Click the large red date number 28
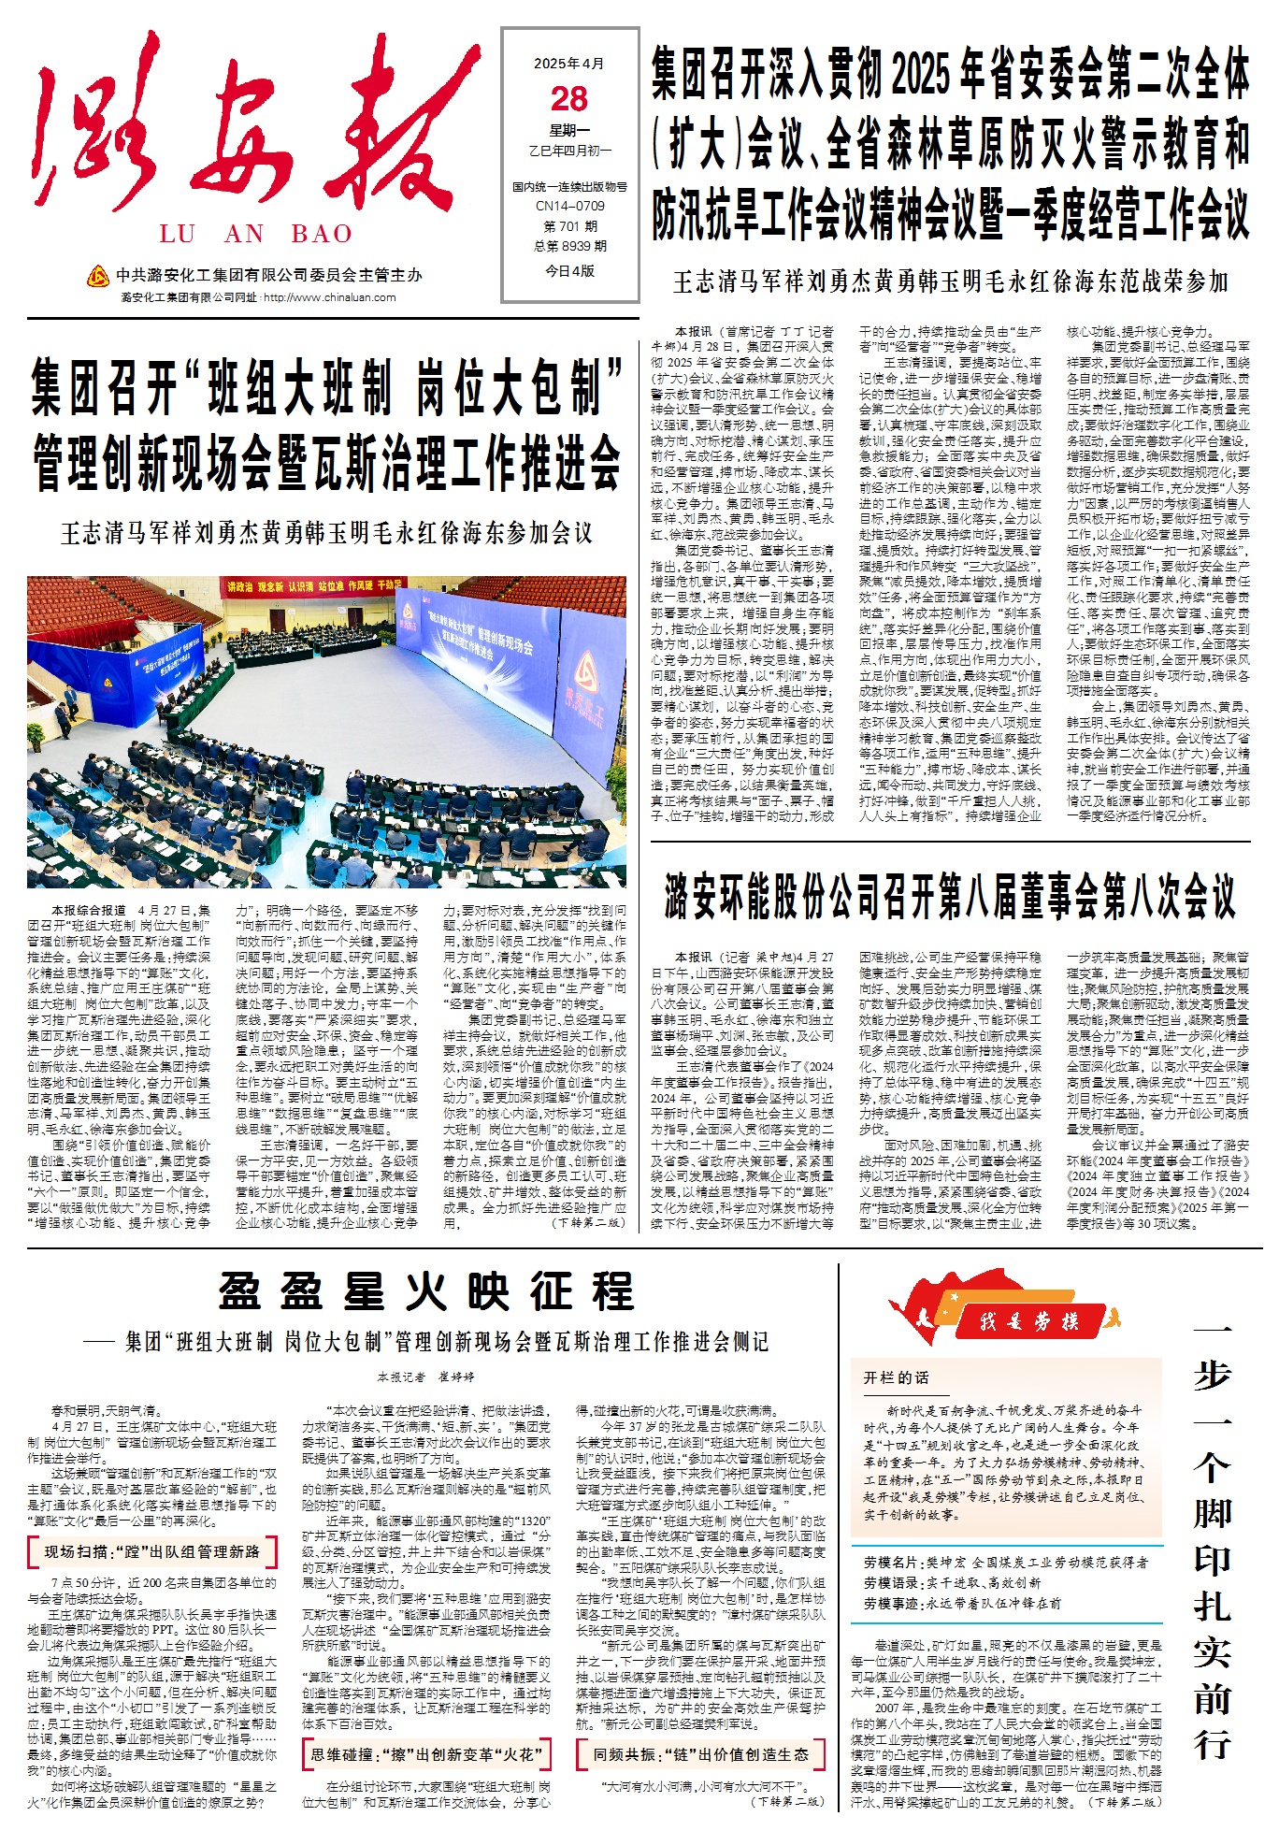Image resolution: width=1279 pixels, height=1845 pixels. point(569,99)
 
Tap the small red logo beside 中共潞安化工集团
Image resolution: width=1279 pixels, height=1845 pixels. point(97,276)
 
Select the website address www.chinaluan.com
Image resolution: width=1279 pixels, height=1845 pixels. point(328,297)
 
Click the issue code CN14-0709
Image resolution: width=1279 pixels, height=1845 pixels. point(569,206)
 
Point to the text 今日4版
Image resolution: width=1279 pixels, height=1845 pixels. point(569,270)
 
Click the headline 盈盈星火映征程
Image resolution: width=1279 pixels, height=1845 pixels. point(426,1291)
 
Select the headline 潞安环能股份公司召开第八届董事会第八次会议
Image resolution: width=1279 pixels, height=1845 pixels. point(950,896)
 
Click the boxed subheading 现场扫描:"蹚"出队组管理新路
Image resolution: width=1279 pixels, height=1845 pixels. point(152,1551)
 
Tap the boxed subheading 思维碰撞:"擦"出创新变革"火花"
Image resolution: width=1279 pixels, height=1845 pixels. point(425,1754)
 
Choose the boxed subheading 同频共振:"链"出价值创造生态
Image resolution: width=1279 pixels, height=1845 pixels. point(700,1754)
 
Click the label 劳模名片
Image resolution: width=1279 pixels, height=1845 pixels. point(890,1562)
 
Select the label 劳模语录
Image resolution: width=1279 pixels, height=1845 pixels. point(890,1582)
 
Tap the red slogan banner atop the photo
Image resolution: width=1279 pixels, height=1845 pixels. point(310,586)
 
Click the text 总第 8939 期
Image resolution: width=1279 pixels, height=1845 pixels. point(569,246)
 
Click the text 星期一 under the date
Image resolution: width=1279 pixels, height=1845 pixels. point(569,131)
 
